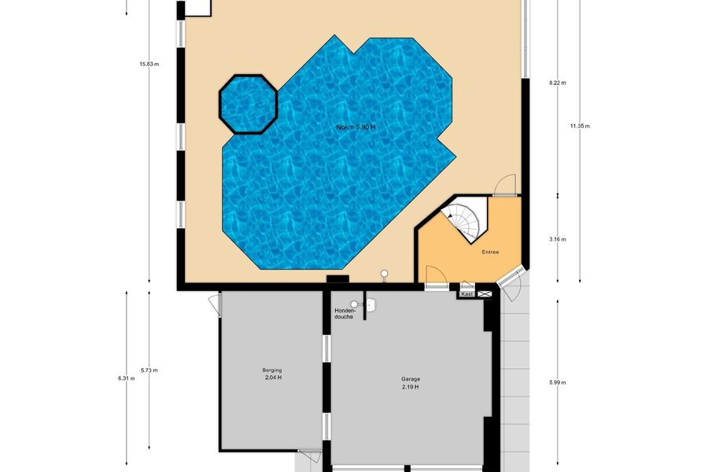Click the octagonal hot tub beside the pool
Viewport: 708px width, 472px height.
[x=248, y=105]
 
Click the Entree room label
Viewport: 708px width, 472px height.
[x=490, y=252]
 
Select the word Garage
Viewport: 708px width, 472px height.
[x=411, y=379]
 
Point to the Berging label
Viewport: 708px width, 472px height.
[x=272, y=371]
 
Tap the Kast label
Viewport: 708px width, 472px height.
[x=467, y=294]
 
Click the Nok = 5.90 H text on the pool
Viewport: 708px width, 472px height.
[x=356, y=127]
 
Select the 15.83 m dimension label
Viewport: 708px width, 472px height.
[x=149, y=65]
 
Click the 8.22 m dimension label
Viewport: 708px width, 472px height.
[x=558, y=83]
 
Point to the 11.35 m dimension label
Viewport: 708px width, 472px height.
[x=580, y=126]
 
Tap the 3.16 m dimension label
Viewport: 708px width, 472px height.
[x=558, y=239]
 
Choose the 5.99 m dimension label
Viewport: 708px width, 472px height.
[x=558, y=382]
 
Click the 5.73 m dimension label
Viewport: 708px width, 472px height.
[x=149, y=371]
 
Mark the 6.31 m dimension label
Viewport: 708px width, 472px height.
[x=127, y=378]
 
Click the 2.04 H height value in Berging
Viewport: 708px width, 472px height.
[x=274, y=378]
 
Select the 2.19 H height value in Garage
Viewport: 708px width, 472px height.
[x=411, y=387]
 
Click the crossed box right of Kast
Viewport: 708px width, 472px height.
[x=485, y=294]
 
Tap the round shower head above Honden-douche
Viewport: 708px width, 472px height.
[x=355, y=304]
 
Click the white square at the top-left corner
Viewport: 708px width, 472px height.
[x=198, y=8]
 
